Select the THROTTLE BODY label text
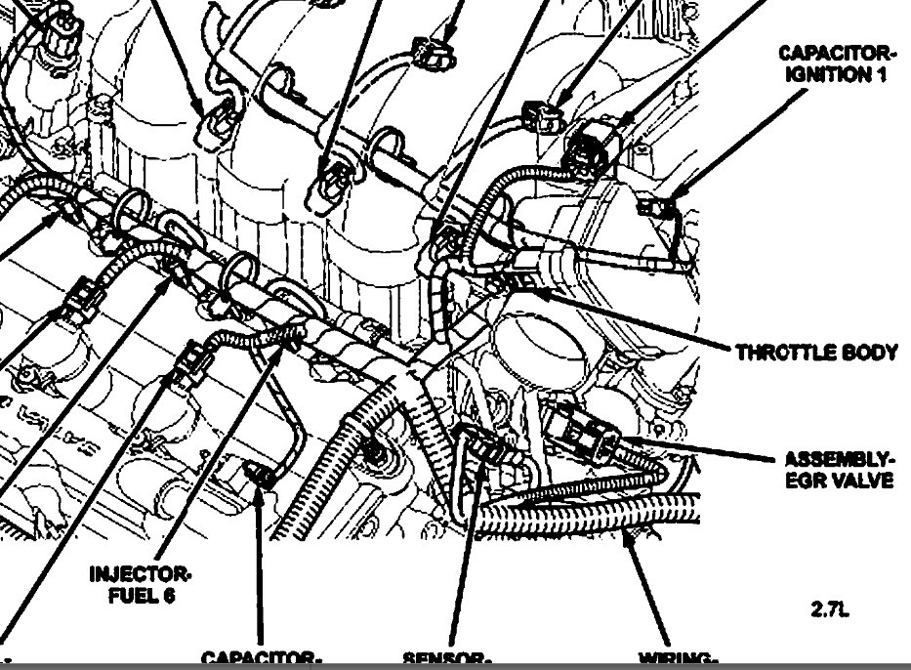[816, 353]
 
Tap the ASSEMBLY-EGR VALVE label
[839, 469]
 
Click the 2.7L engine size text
[830, 610]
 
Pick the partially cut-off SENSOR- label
[446, 659]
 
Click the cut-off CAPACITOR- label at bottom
[261, 659]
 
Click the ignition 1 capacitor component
[650, 205]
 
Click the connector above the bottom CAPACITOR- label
[259, 477]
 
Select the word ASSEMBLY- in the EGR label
[839, 459]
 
